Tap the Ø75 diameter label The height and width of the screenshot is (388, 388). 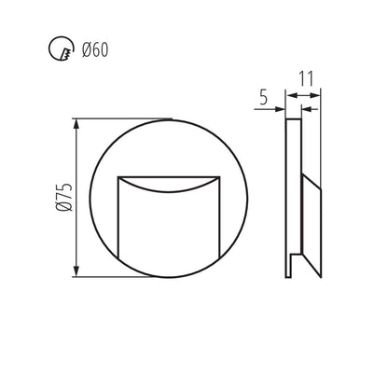(62, 196)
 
